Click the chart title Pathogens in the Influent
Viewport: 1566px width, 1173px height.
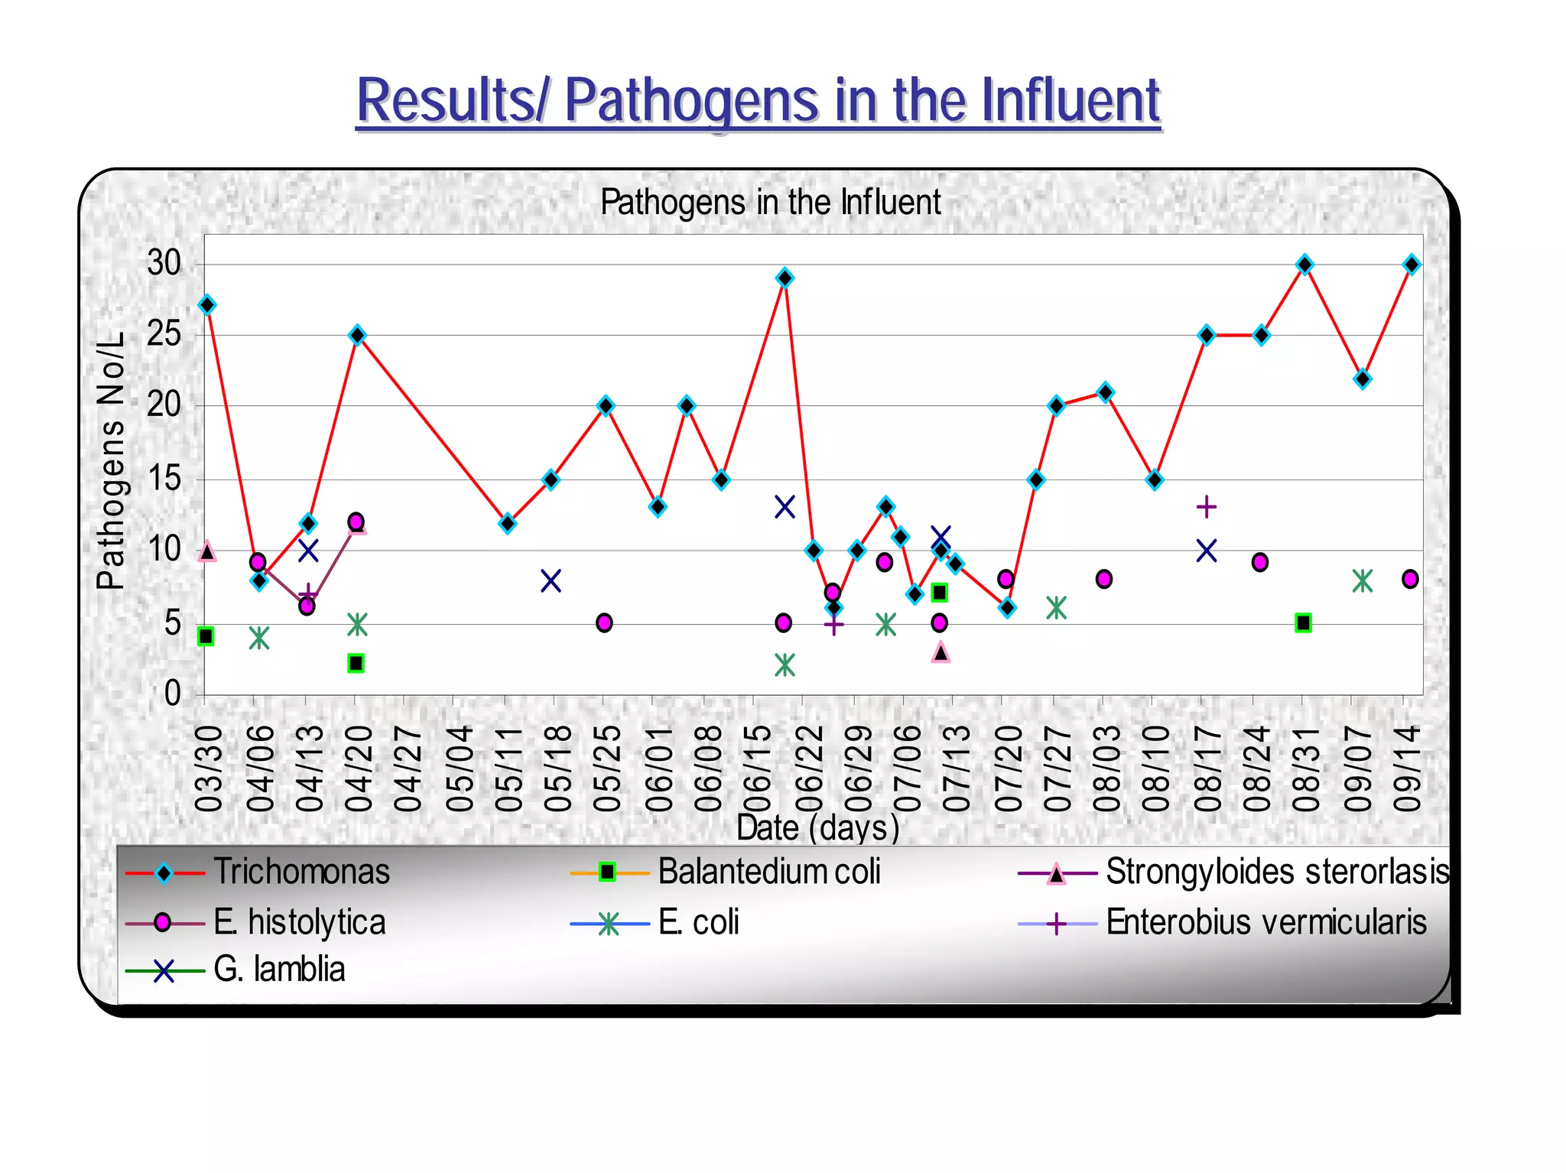[770, 203]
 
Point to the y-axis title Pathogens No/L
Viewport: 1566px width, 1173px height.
[112, 461]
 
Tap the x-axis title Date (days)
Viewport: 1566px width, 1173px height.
[817, 827]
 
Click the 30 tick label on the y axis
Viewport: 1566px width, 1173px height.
[164, 264]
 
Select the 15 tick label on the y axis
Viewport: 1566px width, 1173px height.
[164, 479]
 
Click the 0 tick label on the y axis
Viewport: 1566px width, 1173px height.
[173, 694]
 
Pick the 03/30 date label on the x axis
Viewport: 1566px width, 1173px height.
[208, 768]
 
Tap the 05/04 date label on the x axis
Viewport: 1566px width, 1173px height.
[460, 768]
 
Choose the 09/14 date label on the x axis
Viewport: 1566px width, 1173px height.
[1406, 768]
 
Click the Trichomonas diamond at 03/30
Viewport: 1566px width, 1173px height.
[206, 305]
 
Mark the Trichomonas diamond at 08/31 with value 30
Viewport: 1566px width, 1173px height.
[1305, 265]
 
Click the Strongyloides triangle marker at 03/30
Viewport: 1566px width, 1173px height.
[206, 551]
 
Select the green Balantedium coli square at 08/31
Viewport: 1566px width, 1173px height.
[1304, 623]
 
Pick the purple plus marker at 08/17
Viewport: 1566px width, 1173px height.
[1206, 506]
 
